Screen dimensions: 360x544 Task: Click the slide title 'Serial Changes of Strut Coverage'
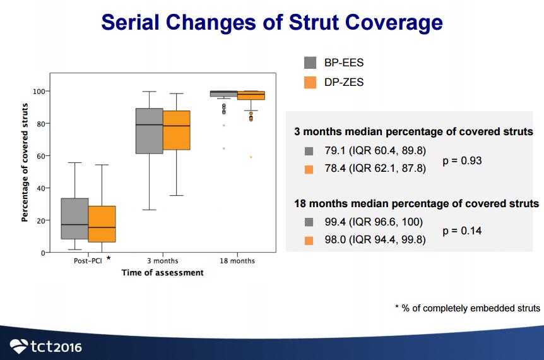[x=271, y=23]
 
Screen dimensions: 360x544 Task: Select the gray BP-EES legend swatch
[x=310, y=63]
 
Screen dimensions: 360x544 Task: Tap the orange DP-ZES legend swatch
[x=310, y=82]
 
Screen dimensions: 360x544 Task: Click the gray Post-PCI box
[x=74, y=219]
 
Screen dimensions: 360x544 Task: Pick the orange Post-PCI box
[x=102, y=224]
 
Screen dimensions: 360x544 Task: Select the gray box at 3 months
[x=150, y=131]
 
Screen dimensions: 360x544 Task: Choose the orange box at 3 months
[x=177, y=131]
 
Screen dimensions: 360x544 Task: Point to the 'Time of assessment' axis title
[x=163, y=273]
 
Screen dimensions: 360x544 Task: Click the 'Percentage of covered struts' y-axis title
[x=25, y=162]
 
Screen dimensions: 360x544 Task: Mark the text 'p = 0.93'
[x=462, y=160]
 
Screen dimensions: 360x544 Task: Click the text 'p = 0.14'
[x=462, y=231]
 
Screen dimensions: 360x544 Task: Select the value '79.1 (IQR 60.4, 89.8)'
[x=375, y=151]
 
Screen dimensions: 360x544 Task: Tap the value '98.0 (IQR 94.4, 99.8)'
[x=375, y=240]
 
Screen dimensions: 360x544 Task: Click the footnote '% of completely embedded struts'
[x=470, y=308]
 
